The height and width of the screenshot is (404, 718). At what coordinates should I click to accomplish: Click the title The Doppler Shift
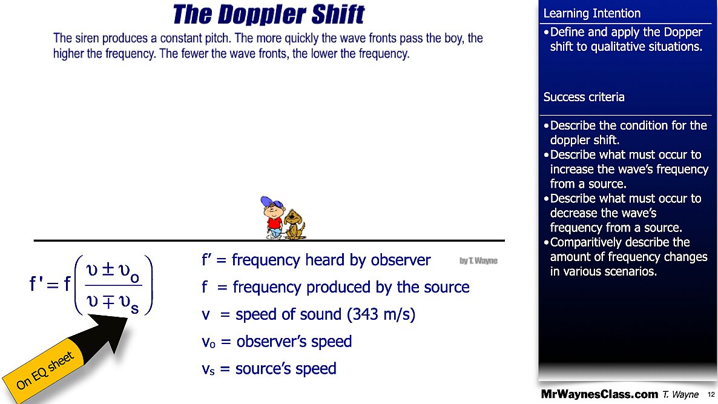click(x=269, y=14)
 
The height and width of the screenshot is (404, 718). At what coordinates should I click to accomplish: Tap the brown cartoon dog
click(x=295, y=224)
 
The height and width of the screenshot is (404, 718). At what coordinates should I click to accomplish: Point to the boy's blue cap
click(x=269, y=203)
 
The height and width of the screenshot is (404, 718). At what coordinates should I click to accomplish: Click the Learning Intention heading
click(x=591, y=13)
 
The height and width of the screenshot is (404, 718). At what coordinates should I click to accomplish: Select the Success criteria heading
click(x=584, y=97)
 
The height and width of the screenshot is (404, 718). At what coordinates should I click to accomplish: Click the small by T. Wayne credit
click(x=478, y=260)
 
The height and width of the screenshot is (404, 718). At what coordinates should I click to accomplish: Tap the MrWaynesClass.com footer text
click(x=599, y=394)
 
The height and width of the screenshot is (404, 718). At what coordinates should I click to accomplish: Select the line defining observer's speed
click(x=277, y=342)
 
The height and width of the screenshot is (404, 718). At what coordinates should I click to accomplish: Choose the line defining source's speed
click(x=269, y=368)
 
